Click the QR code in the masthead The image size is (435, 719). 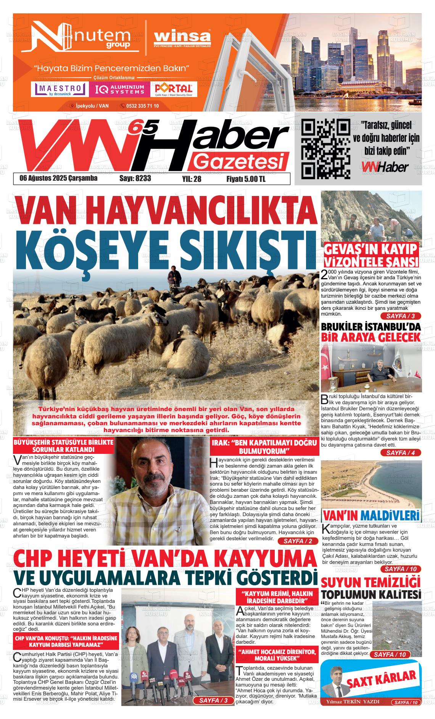coord(325,149)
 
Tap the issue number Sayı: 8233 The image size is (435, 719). coord(135,178)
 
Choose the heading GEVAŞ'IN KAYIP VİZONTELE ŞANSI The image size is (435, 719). coord(371,255)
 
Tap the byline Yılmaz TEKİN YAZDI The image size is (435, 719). coord(352,702)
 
